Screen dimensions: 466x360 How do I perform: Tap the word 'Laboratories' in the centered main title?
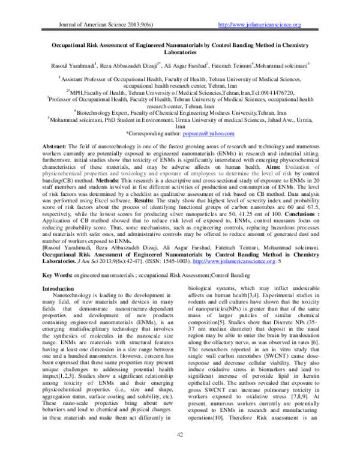click(179, 52)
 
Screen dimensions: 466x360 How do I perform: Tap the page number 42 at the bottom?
click(179, 451)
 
